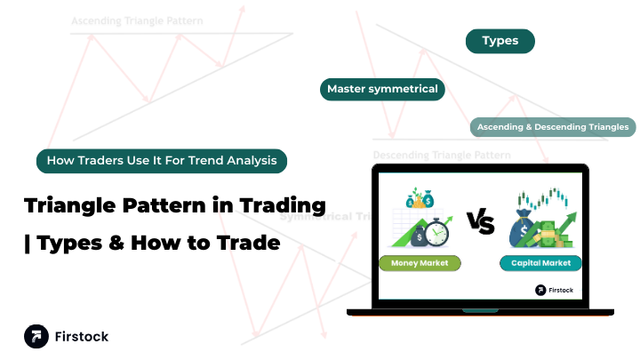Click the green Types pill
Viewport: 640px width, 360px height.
click(x=500, y=41)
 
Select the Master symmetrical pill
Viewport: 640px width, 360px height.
click(x=382, y=89)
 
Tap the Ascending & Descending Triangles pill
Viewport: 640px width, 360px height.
click(x=553, y=127)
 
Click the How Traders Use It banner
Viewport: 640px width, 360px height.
click(x=162, y=161)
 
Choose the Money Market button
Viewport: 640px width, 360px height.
click(x=420, y=263)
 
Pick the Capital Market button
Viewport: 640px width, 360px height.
click(x=540, y=263)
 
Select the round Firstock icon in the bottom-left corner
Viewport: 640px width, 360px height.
click(x=36, y=337)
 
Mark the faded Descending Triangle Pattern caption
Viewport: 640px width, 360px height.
click(x=441, y=155)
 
